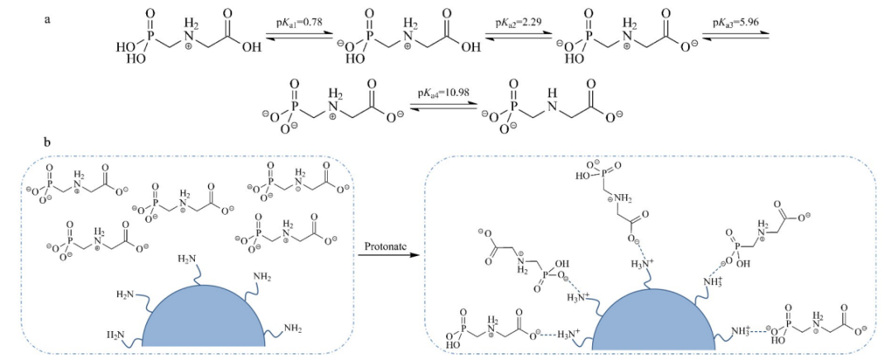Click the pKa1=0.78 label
[300, 21]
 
